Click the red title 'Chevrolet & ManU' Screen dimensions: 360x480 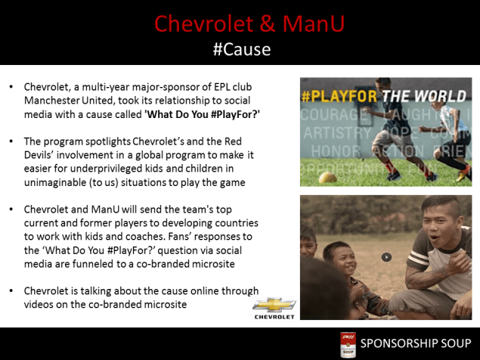(x=249, y=23)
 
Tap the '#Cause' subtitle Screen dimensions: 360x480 (x=240, y=50)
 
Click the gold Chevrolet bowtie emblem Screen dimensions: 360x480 (x=273, y=305)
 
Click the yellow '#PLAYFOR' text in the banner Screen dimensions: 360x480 (x=340, y=97)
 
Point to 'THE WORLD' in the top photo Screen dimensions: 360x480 (x=426, y=97)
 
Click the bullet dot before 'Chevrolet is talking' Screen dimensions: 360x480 (x=11, y=291)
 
